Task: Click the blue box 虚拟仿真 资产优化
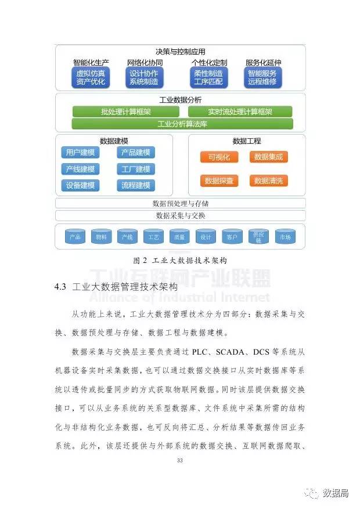91,78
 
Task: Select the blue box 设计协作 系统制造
145,78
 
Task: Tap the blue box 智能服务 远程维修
263,78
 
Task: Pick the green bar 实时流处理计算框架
240,112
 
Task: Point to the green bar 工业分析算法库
182,124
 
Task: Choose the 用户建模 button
80,153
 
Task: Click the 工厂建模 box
136,169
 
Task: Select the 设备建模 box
80,186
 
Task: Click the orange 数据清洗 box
269,181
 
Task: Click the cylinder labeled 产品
75,237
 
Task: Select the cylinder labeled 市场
285,237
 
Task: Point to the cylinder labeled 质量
179,237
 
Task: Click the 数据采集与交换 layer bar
180,215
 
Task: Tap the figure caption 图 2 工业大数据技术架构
180,260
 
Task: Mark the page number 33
180,460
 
